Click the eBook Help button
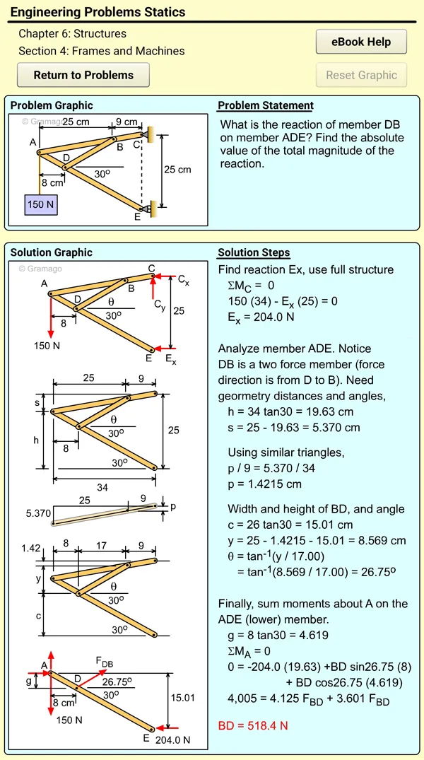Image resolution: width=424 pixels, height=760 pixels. click(x=361, y=42)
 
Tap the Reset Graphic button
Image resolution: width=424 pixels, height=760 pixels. click(x=361, y=75)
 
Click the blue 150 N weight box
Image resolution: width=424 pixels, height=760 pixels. click(x=41, y=204)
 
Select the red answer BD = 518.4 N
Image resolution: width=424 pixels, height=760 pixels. click(x=253, y=725)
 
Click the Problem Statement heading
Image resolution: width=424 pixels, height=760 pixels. click(x=266, y=105)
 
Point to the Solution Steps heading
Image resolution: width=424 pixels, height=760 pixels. click(x=254, y=252)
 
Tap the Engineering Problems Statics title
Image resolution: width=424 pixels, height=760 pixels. click(x=98, y=12)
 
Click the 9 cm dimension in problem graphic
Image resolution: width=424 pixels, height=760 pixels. click(x=127, y=122)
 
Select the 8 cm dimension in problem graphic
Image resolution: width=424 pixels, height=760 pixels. click(x=52, y=182)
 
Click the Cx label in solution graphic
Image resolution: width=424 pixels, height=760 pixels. click(x=183, y=280)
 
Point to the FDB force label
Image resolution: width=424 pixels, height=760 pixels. click(x=105, y=662)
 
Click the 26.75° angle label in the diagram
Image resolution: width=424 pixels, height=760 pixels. click(x=117, y=682)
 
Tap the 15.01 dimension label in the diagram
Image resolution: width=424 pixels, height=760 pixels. click(x=183, y=698)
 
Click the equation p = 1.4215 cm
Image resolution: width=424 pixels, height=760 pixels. click(x=264, y=484)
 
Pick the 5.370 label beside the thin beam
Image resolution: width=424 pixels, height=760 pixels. click(x=38, y=513)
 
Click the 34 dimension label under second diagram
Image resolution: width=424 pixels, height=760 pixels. click(x=102, y=488)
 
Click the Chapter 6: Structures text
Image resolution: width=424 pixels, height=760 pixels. click(x=72, y=34)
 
